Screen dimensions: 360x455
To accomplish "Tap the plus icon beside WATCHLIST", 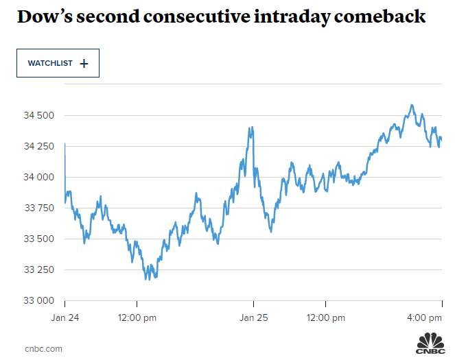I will tap(84, 63).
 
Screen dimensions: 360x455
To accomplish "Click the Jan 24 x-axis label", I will tap(65, 317).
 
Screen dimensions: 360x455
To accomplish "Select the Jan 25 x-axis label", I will tap(253, 317).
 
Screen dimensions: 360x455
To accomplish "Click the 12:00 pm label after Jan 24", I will tap(137, 317).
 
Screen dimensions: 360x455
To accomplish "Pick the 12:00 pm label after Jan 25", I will tap(325, 317).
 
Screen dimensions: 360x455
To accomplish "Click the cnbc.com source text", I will tap(43, 348).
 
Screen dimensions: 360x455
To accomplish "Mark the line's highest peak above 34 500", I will tap(411, 105).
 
